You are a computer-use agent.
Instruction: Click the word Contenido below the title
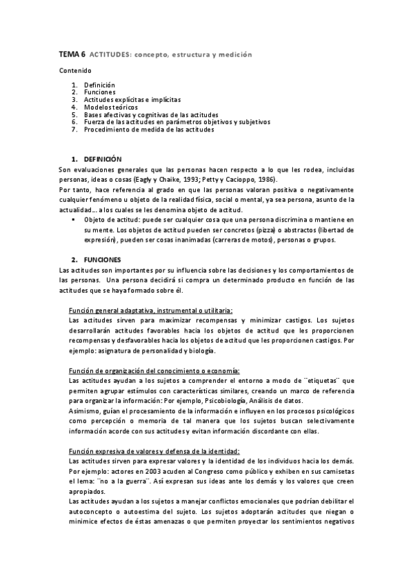[73, 70]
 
